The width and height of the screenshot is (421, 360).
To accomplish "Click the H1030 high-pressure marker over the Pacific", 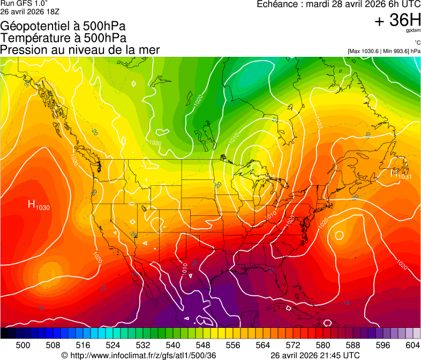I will (x=39, y=205).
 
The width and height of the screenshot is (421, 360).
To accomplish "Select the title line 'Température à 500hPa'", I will (x=63, y=38).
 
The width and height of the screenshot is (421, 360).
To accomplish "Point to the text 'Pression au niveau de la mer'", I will (x=80, y=50).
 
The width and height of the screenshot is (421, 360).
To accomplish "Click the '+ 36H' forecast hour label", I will (x=398, y=20).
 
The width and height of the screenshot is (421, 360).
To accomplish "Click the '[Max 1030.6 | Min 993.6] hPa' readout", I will (x=384, y=51).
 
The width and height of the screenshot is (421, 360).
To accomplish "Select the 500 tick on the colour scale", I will (x=23, y=345).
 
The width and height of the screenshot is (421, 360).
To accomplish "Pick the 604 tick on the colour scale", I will (x=413, y=345).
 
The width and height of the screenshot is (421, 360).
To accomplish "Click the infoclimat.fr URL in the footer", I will (x=139, y=355).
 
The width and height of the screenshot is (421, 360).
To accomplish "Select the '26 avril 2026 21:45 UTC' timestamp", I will (x=315, y=355).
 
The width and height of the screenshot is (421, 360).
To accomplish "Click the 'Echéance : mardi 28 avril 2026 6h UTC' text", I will (x=339, y=4).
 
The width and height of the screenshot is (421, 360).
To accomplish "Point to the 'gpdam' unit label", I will (x=413, y=31).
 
